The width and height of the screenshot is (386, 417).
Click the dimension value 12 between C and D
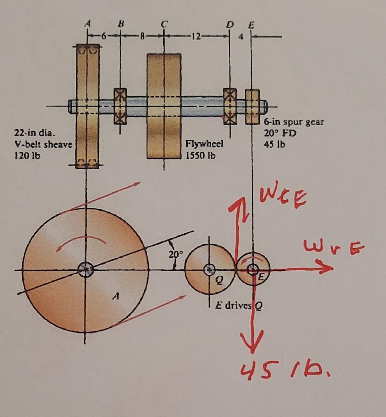click(x=196, y=36)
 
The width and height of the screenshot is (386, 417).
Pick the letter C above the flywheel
click(x=164, y=24)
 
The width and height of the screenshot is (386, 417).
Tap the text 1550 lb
click(x=201, y=155)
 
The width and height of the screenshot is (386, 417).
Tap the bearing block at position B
click(x=120, y=106)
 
